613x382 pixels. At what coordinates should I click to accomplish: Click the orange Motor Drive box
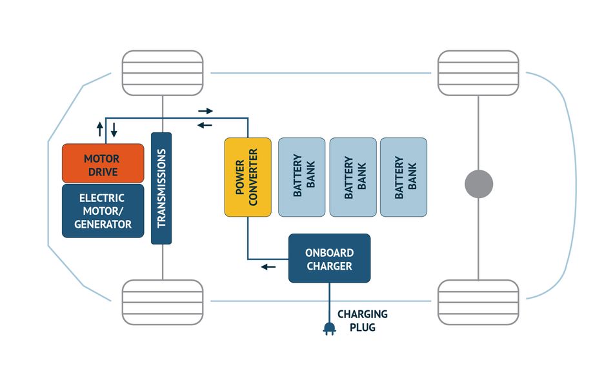pyautogui.click(x=103, y=163)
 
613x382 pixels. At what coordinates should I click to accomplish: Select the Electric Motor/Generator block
pyautogui.click(x=103, y=211)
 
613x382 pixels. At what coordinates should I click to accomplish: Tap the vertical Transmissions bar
pyautogui.click(x=161, y=188)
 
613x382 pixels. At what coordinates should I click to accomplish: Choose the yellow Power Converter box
pyautogui.click(x=248, y=177)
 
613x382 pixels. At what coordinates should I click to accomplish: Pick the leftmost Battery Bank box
pyautogui.click(x=301, y=177)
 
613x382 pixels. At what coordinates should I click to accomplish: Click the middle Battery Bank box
pyautogui.click(x=352, y=177)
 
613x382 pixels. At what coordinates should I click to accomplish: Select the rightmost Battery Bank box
pyautogui.click(x=403, y=177)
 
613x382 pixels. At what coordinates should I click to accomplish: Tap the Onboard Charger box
pyautogui.click(x=329, y=258)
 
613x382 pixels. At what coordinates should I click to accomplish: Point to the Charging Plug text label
pyautogui.click(x=363, y=321)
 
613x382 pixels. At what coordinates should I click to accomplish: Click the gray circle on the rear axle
pyautogui.click(x=479, y=185)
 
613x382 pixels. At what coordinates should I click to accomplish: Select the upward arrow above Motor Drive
pyautogui.click(x=100, y=128)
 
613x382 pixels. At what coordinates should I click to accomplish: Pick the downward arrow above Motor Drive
pyautogui.click(x=114, y=128)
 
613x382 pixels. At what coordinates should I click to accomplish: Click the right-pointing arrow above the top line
pyautogui.click(x=205, y=112)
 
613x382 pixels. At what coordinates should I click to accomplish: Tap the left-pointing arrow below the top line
pyautogui.click(x=205, y=125)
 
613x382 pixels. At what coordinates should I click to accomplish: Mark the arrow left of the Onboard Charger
pyautogui.click(x=268, y=266)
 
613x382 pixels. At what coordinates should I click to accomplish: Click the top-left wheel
pyautogui.click(x=163, y=73)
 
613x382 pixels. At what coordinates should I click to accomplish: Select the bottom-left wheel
pyautogui.click(x=163, y=302)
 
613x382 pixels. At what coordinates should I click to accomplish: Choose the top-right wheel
pyautogui.click(x=478, y=73)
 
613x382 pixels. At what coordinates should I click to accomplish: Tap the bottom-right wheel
pyautogui.click(x=478, y=302)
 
